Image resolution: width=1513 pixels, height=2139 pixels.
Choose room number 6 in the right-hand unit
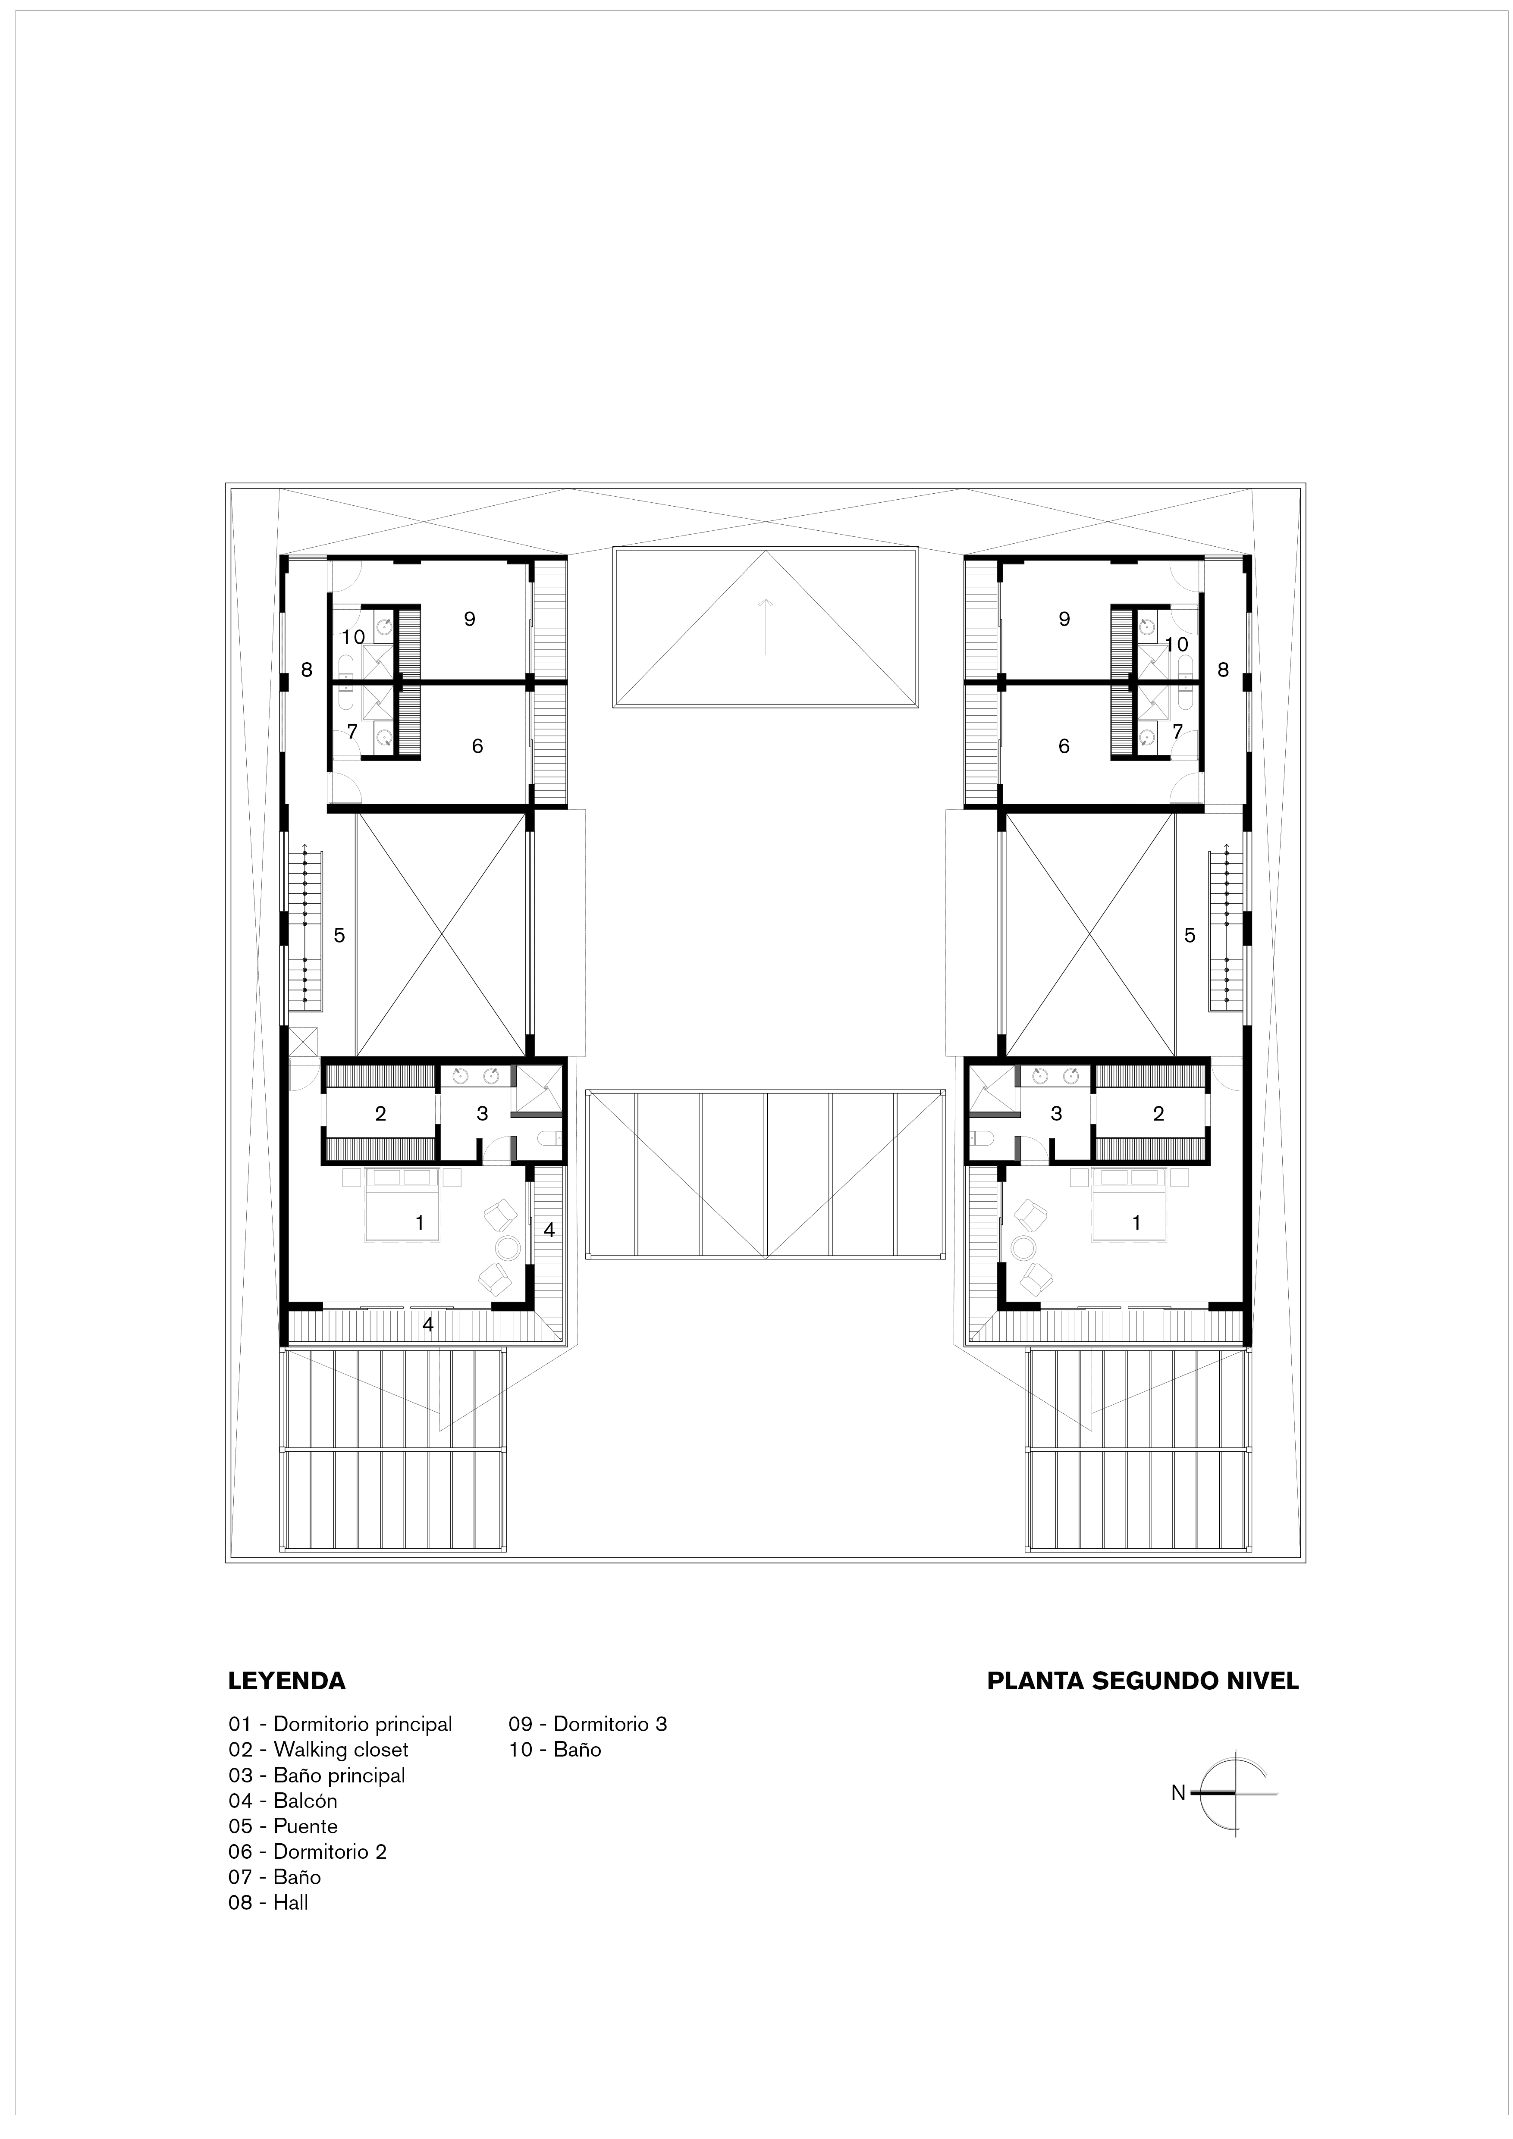(1064, 746)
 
